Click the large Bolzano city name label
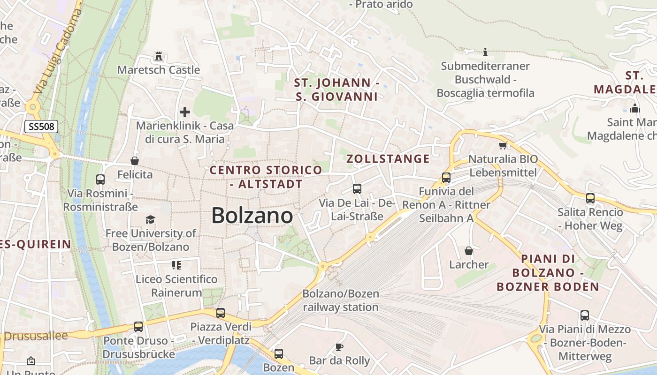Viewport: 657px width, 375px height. click(x=252, y=216)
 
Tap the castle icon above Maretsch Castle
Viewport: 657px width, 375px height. click(x=159, y=57)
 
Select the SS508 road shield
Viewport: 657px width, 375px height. click(x=41, y=126)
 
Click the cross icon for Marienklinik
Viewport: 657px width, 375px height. click(x=185, y=112)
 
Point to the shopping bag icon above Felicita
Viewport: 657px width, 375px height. click(x=135, y=161)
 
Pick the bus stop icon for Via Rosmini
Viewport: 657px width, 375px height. click(x=100, y=179)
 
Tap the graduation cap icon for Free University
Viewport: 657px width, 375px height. click(x=150, y=219)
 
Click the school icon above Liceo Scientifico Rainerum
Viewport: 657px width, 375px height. click(x=176, y=265)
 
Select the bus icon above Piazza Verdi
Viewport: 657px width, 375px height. click(x=221, y=313)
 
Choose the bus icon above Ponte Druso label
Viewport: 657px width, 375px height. click(x=138, y=327)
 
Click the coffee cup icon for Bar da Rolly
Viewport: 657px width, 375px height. click(x=339, y=347)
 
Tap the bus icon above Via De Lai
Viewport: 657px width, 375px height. click(x=357, y=189)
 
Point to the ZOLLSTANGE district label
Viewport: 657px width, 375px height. click(x=388, y=159)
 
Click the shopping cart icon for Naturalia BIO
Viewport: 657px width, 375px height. click(x=503, y=145)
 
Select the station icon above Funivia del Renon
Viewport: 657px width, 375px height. click(x=446, y=178)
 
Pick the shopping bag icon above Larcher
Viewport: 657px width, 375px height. click(x=468, y=251)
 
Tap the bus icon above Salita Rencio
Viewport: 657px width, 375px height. click(x=590, y=198)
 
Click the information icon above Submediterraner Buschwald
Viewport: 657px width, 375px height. click(x=485, y=52)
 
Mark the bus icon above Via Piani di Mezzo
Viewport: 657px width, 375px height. click(x=585, y=315)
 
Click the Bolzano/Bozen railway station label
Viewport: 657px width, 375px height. click(x=341, y=300)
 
